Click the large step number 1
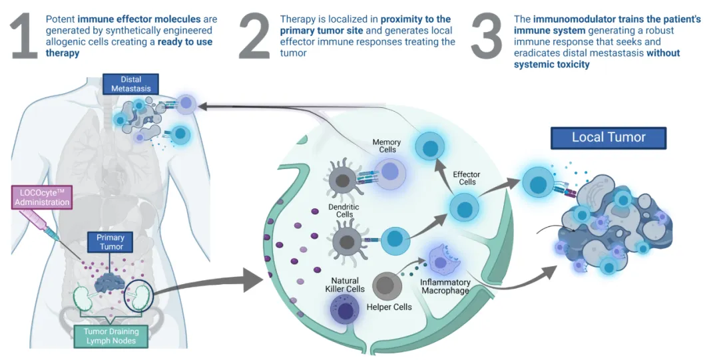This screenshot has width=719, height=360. click(24, 37)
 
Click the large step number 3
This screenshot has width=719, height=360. click(487, 37)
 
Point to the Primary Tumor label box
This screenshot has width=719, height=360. click(111, 242)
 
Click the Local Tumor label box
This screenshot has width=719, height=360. click(608, 138)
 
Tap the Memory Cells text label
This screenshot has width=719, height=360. click(386, 146)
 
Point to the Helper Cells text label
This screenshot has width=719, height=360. click(389, 307)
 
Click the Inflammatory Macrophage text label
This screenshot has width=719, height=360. click(445, 286)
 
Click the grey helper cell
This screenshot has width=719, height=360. click(385, 286)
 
